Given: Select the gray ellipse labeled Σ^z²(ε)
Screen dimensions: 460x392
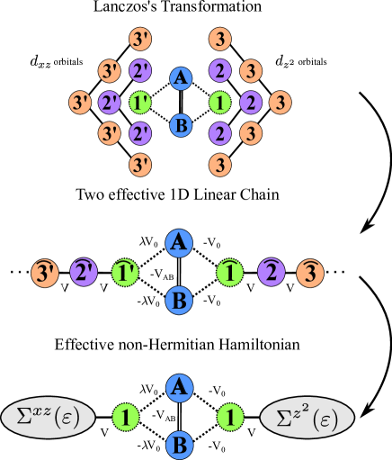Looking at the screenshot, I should (307, 417).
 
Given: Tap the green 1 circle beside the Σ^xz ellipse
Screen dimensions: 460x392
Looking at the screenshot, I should (127, 417).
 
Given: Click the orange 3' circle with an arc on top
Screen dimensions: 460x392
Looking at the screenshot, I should (44, 271).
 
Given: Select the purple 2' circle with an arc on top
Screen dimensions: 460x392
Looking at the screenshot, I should (85, 271).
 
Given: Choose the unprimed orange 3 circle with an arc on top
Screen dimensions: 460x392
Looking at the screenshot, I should (310, 271).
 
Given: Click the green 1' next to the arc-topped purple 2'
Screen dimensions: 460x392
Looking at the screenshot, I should (126, 271).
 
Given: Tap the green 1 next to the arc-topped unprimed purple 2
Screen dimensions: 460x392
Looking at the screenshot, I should (231, 271).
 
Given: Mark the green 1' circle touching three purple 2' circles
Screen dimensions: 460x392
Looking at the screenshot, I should (140, 103).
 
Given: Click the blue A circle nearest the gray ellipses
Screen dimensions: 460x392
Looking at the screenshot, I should (180, 387).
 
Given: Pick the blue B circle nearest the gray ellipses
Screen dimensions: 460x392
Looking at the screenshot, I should (180, 446).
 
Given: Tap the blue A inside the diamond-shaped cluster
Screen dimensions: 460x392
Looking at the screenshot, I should (181, 79).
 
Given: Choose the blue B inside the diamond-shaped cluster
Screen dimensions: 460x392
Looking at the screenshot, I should (181, 126).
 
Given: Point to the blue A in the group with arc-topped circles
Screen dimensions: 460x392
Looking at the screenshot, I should (180, 241).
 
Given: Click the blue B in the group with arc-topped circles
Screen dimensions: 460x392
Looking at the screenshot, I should (180, 301).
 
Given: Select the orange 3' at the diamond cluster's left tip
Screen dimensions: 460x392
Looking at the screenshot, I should (80, 103).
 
